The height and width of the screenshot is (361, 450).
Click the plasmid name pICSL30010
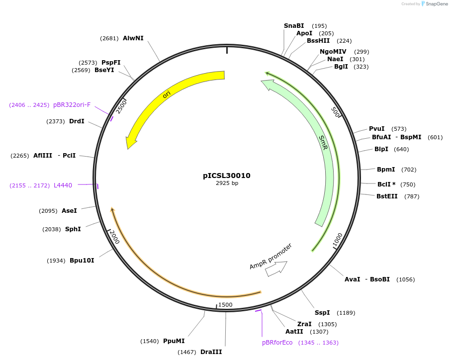(226, 176)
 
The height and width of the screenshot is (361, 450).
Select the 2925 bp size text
(227, 183)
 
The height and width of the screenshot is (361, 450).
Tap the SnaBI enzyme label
(293, 26)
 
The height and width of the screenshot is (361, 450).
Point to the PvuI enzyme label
(376, 129)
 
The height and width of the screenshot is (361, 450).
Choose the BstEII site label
(387, 196)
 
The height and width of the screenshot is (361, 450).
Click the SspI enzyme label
(322, 313)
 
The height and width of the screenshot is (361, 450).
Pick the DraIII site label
(211, 352)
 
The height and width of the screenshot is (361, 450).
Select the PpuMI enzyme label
(174, 341)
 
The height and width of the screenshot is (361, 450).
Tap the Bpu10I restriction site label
(82, 261)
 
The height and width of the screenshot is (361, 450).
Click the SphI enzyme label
(73, 229)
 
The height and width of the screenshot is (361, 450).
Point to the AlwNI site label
(133, 38)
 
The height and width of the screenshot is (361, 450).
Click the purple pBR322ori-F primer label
(72, 105)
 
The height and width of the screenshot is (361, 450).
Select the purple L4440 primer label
(63, 185)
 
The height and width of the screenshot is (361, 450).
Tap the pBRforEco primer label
(277, 343)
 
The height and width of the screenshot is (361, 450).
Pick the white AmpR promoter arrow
(276, 269)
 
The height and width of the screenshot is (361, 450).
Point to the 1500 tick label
(225, 305)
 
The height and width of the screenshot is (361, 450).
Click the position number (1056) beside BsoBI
(405, 279)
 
